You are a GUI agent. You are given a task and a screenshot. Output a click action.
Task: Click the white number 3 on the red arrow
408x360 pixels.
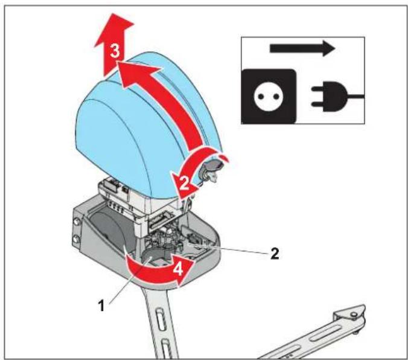pyautogui.click(x=115, y=51)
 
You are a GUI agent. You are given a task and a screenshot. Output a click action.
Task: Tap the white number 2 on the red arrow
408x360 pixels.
pyautogui.click(x=184, y=183)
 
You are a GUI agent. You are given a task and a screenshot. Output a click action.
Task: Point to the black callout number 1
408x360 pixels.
pyautogui.click(x=101, y=306)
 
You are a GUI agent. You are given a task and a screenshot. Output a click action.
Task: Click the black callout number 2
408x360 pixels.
pyautogui.click(x=275, y=253)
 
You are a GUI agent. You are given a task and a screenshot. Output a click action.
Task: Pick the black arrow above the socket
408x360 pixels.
pyautogui.click(x=302, y=48)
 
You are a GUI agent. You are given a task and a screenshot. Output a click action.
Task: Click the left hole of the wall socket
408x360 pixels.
pyautogui.click(x=261, y=97)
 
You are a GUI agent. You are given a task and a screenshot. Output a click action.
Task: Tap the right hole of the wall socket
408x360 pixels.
pyautogui.click(x=277, y=97)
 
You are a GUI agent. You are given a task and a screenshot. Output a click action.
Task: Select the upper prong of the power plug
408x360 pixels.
pyautogui.click(x=317, y=89)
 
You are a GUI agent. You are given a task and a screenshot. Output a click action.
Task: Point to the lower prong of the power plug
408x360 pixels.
pyautogui.click(x=317, y=104)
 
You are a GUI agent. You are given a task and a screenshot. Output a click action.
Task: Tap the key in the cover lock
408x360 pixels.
pyautogui.click(x=214, y=176)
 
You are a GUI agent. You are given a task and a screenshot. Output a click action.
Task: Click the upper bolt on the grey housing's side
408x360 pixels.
pyautogui.click(x=77, y=222)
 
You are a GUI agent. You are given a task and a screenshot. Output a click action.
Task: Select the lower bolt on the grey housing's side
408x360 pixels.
pyautogui.click(x=77, y=239)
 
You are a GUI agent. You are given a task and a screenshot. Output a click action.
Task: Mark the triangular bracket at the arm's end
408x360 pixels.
pyautogui.click(x=350, y=313)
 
